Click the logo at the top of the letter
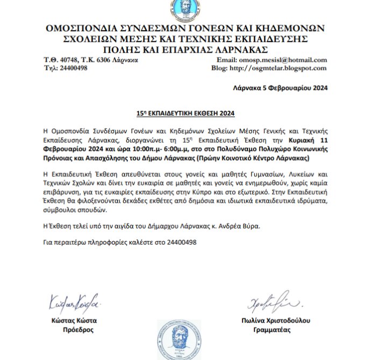pos(185,10)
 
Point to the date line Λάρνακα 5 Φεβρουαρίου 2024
pos(281,88)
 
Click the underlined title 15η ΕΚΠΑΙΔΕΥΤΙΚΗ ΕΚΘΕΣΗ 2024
pos(185,114)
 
